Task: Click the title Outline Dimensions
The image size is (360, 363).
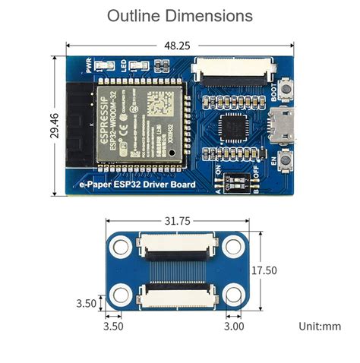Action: pos(179,16)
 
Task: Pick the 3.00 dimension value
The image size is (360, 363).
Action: pos(235,327)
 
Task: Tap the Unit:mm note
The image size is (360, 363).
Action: pos(321,327)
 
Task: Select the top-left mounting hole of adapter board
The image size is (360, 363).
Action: pos(121,245)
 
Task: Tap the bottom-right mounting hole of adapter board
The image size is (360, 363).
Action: pos(232,295)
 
